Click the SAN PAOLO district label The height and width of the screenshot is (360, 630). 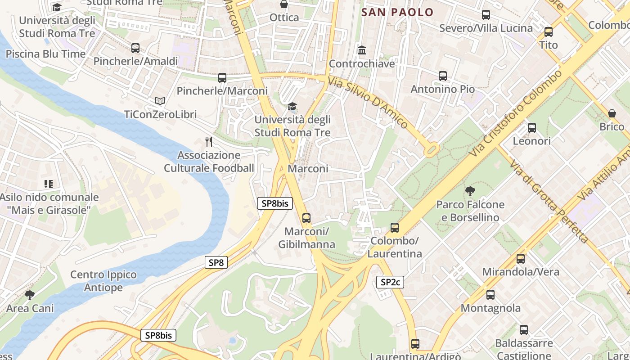[397, 12]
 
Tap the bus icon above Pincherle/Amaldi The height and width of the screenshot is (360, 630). [135, 48]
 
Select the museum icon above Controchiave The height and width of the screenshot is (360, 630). [362, 50]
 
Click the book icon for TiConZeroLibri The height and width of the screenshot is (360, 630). [160, 101]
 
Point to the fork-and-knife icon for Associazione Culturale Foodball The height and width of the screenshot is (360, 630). [209, 142]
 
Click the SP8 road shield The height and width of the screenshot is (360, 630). [216, 262]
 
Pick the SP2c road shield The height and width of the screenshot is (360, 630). [390, 282]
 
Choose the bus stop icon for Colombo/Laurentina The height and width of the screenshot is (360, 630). [395, 228]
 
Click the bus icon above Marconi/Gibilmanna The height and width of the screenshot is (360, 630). [306, 218]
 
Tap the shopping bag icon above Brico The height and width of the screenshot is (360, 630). [612, 113]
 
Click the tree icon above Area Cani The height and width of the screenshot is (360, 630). [30, 295]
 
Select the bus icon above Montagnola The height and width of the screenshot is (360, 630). [490, 295]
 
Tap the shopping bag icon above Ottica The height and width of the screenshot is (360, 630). [284, 4]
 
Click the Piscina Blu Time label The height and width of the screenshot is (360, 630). [45, 54]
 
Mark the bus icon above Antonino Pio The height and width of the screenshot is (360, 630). [443, 76]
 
